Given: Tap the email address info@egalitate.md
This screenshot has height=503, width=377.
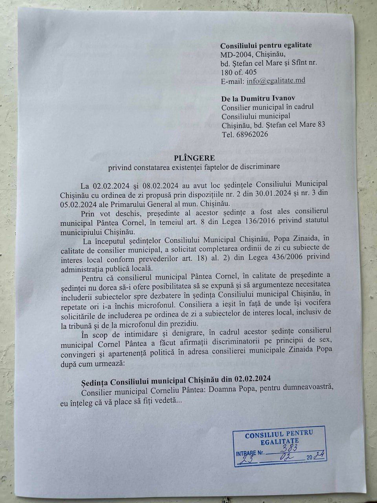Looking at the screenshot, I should click(276, 81).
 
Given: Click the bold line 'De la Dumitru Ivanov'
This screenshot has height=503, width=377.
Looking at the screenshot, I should click(258, 98).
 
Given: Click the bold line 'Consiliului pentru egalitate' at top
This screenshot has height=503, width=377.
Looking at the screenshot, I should click(266, 45).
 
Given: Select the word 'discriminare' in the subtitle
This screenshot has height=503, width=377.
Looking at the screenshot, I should click(261, 167).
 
